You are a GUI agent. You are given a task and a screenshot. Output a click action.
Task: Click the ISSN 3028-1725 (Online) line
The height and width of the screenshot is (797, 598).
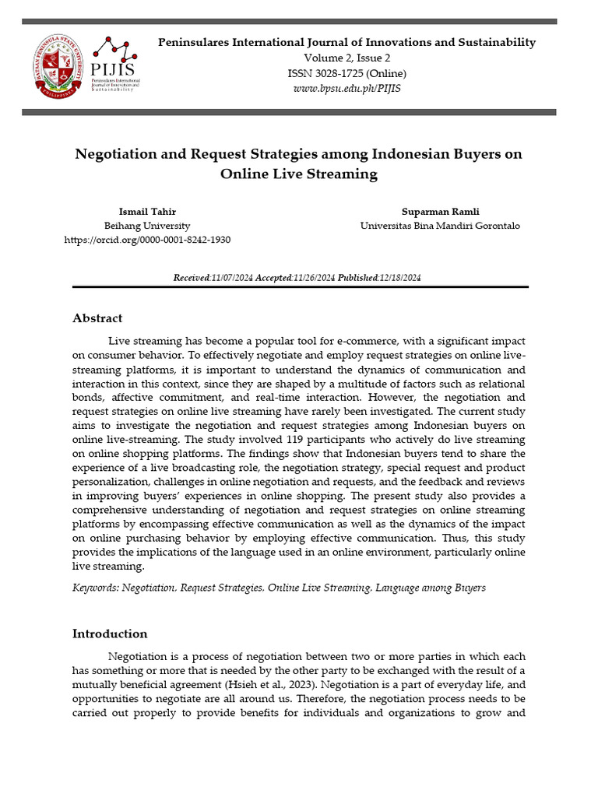click(346, 73)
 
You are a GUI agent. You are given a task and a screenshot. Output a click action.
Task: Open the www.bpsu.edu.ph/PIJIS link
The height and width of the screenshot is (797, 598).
click(346, 89)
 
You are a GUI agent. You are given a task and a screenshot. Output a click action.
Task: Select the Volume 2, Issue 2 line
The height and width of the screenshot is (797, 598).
click(346, 58)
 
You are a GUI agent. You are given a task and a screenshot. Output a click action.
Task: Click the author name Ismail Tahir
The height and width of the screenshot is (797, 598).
click(147, 211)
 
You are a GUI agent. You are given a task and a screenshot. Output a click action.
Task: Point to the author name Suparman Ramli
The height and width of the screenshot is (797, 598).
click(439, 211)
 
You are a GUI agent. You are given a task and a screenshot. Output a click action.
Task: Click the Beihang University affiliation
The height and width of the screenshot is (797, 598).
click(147, 226)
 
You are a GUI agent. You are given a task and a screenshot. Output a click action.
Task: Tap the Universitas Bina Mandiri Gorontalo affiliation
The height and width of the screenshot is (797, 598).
click(439, 226)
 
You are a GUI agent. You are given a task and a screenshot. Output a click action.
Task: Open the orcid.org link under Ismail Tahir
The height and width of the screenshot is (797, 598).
click(147, 240)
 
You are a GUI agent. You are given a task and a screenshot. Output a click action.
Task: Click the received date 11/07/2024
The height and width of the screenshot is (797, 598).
click(232, 278)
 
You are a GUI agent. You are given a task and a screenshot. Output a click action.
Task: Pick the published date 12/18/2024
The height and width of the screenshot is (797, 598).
click(399, 278)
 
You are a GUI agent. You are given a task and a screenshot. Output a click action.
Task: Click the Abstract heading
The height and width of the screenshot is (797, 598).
click(97, 318)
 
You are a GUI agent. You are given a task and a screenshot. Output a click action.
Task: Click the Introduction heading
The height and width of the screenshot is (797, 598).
click(110, 634)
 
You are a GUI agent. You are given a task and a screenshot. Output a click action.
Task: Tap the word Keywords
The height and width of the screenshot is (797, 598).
click(95, 588)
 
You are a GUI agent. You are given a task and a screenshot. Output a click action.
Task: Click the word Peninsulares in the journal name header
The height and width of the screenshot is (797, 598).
click(195, 42)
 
